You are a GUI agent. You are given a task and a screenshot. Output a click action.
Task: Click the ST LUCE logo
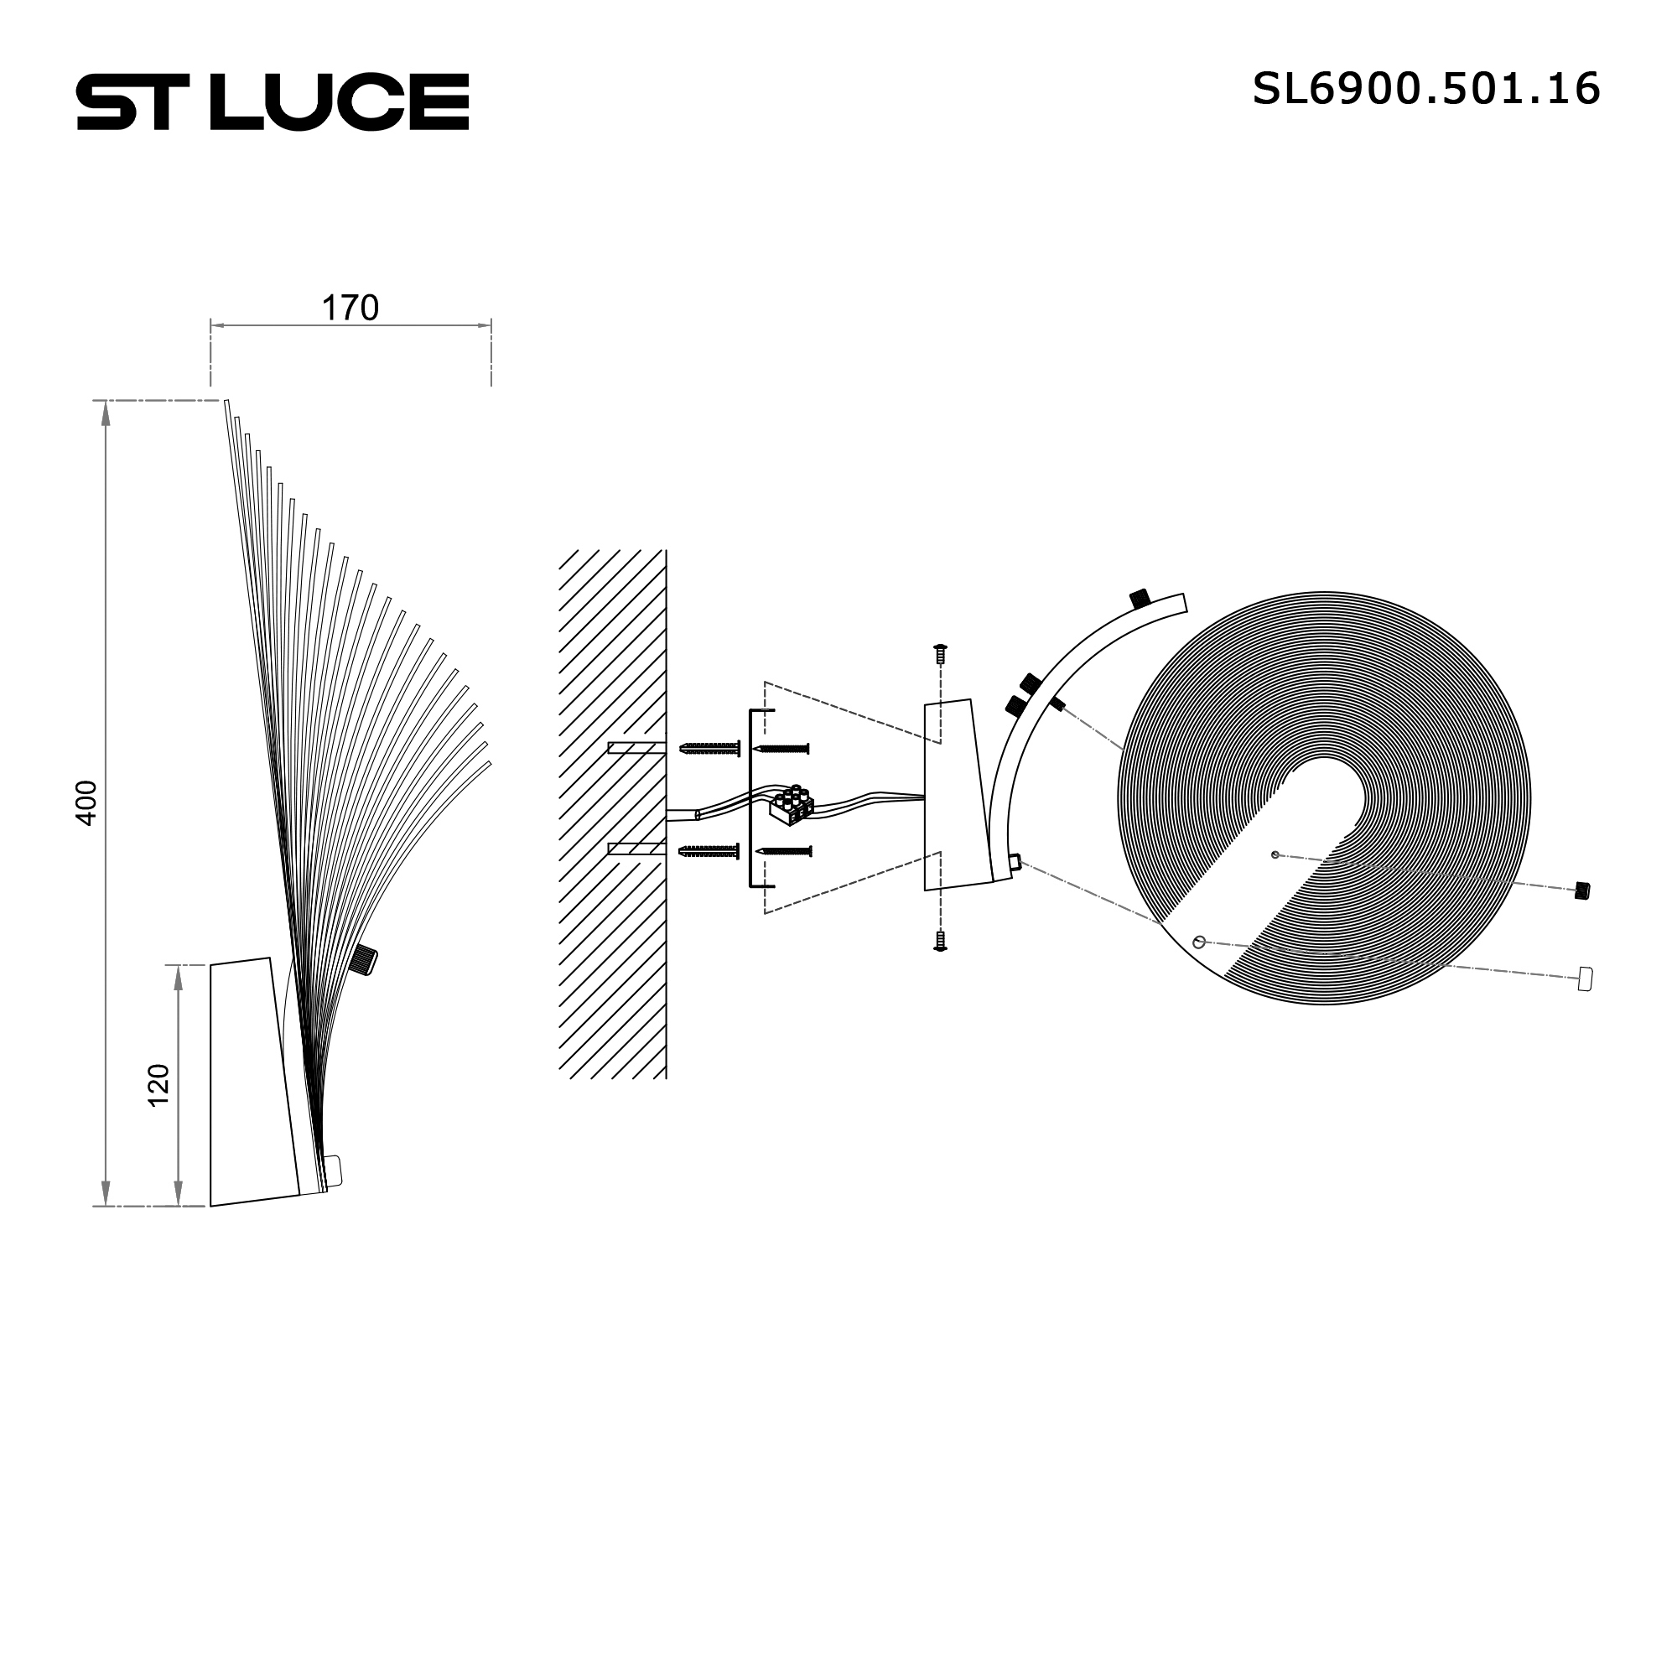[x=273, y=101]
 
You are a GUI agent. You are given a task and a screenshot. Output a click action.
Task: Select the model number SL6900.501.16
[x=1425, y=89]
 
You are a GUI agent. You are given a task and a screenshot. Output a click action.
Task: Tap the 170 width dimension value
[x=350, y=308]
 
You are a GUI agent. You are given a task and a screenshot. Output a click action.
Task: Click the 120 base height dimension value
[x=158, y=1085]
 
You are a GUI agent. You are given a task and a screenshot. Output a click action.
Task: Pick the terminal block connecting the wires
[x=791, y=805]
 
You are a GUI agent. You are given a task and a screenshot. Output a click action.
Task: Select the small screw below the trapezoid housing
[x=939, y=942]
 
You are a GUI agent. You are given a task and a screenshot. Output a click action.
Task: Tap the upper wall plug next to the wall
[x=709, y=748]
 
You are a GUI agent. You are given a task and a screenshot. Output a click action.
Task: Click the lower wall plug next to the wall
[x=709, y=852]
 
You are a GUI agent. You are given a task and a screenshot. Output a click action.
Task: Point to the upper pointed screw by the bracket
[x=784, y=748]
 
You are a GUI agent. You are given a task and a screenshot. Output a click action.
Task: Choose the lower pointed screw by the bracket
[x=784, y=852]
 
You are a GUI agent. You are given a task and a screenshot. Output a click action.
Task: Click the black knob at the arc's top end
[x=1140, y=598]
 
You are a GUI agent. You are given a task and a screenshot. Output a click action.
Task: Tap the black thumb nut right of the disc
[x=1582, y=890]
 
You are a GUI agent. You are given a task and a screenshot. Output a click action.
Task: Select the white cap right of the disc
[x=1585, y=979]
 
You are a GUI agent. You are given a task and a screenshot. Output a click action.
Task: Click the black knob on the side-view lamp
[x=364, y=959]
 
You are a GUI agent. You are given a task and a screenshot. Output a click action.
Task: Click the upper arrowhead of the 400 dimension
[x=106, y=414]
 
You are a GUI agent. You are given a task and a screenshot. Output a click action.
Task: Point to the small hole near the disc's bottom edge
[x=1199, y=942]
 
